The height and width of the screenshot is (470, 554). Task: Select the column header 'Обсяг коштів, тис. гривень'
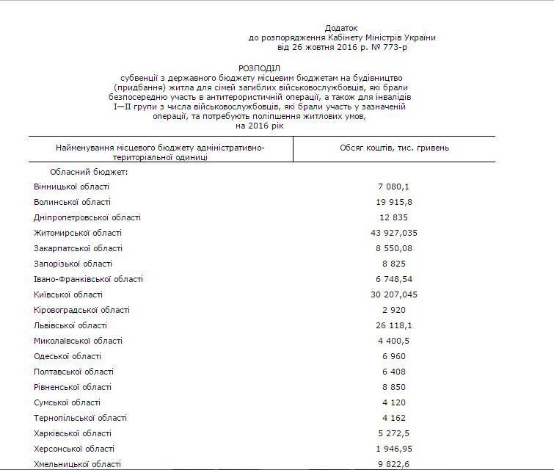395,148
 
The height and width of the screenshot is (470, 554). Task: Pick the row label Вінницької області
71,187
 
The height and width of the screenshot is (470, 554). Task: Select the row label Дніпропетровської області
87,217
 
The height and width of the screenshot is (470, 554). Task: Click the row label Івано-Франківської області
88,279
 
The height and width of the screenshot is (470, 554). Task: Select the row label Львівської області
70,325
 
